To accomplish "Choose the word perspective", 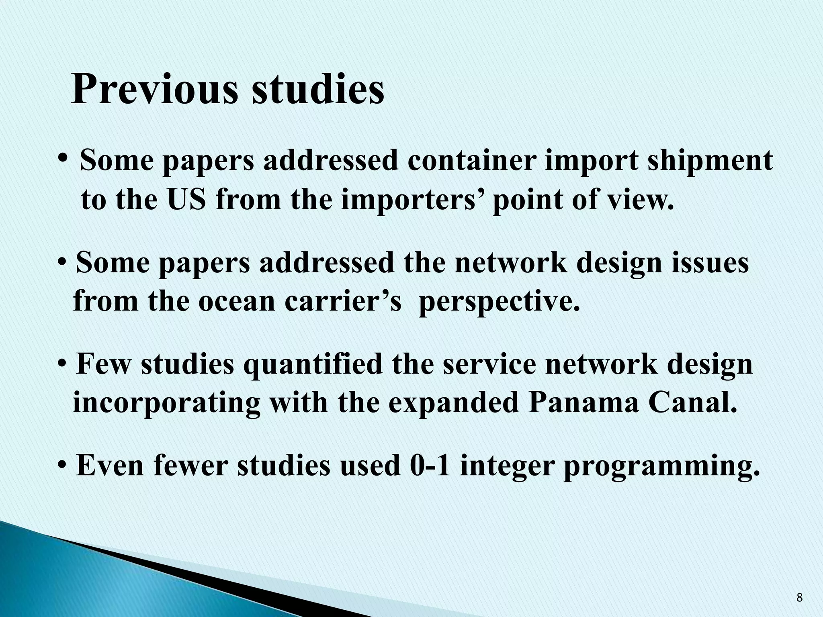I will tap(500, 302).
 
